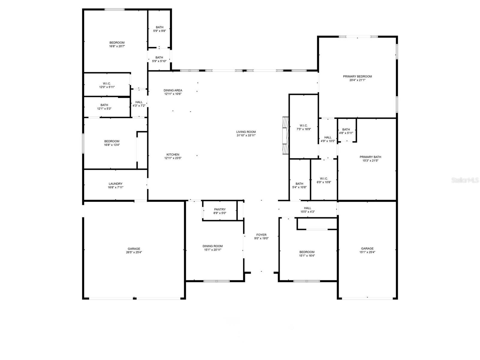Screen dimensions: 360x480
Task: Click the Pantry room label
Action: click(220, 209)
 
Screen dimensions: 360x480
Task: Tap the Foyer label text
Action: click(261, 235)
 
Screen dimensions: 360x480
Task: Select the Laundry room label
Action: click(115, 184)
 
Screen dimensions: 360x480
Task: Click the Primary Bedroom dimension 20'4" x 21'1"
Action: click(357, 80)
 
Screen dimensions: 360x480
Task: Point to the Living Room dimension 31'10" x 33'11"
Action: click(246, 135)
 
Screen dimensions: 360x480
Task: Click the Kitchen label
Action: click(173, 154)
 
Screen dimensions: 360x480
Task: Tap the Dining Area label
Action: click(173, 90)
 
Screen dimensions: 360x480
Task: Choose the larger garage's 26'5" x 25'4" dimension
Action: click(134, 252)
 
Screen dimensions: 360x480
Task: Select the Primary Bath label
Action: click(370, 157)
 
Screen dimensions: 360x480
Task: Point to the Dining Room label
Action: click(212, 246)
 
